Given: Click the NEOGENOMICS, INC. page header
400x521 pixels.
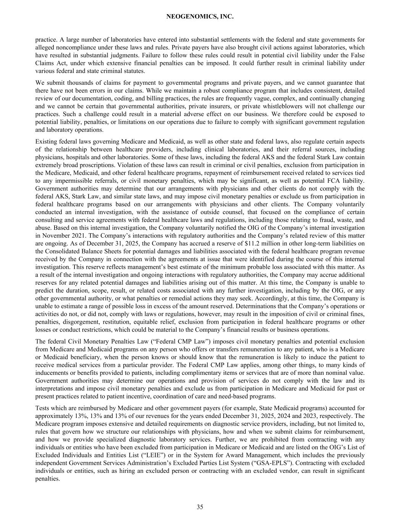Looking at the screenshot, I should (x=200, y=17).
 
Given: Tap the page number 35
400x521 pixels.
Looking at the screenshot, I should (x=200, y=507).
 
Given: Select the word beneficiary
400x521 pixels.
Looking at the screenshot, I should (x=89, y=357).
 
